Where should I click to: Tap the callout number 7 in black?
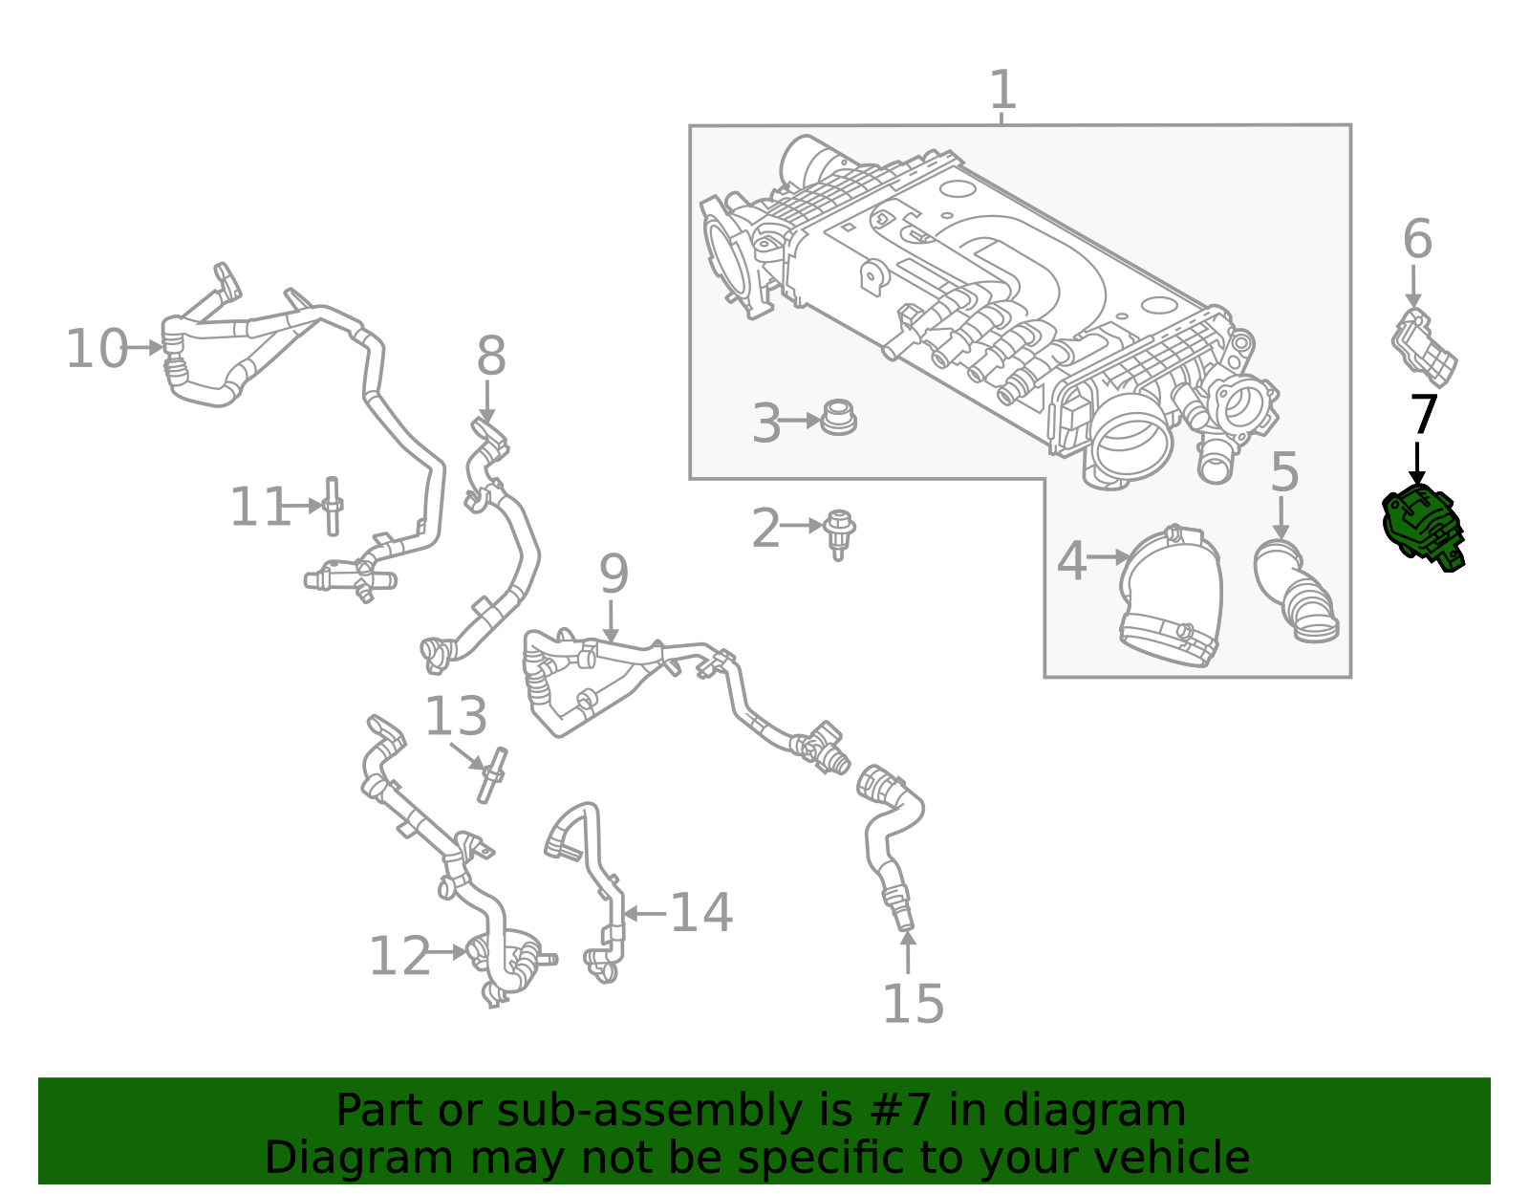pyautogui.click(x=1424, y=415)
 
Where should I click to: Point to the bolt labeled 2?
pyautogui.click(x=839, y=532)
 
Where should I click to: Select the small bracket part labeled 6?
pyautogui.click(x=1423, y=346)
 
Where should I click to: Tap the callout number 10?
pyautogui.click(x=96, y=349)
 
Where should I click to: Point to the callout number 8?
pyautogui.click(x=490, y=358)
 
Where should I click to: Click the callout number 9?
pyautogui.click(x=614, y=575)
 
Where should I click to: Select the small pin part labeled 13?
pyautogui.click(x=492, y=775)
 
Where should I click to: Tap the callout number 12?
pyautogui.click(x=399, y=956)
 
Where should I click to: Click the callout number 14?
pyautogui.click(x=701, y=913)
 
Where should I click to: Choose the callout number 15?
pyautogui.click(x=913, y=1004)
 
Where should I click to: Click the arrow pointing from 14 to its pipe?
pyautogui.click(x=645, y=914)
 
